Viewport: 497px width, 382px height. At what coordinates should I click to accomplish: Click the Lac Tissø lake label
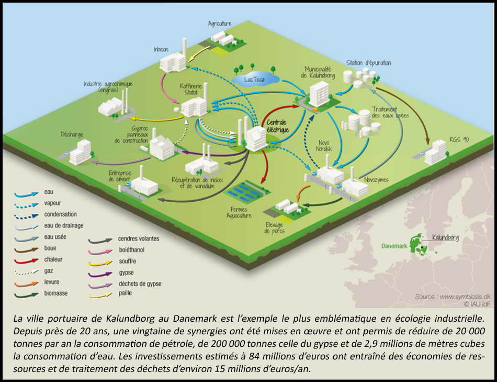pyautogui.click(x=255, y=80)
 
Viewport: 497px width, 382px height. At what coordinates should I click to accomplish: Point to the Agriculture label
pyautogui.click(x=219, y=24)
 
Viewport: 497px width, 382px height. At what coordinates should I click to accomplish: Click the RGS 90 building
pyautogui.click(x=435, y=152)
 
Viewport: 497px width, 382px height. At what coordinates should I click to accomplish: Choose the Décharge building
pyautogui.click(x=80, y=152)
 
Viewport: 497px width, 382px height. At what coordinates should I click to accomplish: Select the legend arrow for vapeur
pyautogui.click(x=26, y=204)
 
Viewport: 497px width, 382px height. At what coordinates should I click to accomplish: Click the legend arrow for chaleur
pyautogui.click(x=26, y=260)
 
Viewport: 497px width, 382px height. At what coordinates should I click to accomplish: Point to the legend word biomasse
pyautogui.click(x=57, y=293)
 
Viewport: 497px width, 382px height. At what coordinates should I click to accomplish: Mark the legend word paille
pyautogui.click(x=125, y=293)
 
